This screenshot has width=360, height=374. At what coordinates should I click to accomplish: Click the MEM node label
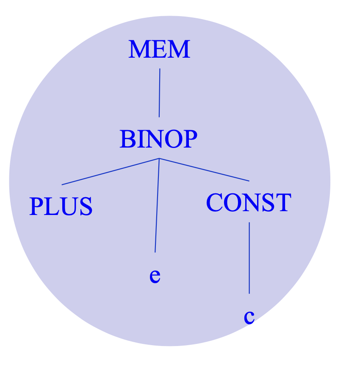point(159,50)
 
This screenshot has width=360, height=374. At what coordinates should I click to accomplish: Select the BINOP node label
point(158,139)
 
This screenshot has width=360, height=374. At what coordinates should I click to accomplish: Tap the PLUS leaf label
point(61,207)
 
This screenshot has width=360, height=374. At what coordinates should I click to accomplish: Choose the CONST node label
point(248,203)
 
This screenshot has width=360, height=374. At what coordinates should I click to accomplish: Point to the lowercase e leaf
point(155,276)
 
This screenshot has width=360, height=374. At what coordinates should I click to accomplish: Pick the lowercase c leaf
point(249,317)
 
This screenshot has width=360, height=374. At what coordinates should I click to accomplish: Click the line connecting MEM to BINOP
point(160,92)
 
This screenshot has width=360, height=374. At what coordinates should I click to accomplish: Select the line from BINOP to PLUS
point(110,172)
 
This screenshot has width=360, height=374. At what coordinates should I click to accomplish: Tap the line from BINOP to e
point(157,205)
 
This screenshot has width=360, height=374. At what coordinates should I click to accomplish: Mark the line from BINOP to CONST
point(204,170)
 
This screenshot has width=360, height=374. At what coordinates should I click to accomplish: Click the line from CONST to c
point(249,257)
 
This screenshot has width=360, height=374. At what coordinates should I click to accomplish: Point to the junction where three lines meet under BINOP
point(159,159)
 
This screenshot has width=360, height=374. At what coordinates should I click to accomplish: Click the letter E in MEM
point(160,50)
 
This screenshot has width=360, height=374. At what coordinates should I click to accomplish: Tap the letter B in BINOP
point(126,139)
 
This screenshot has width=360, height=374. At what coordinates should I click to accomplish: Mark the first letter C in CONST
point(214,203)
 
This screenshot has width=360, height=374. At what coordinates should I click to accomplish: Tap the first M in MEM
point(138,50)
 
